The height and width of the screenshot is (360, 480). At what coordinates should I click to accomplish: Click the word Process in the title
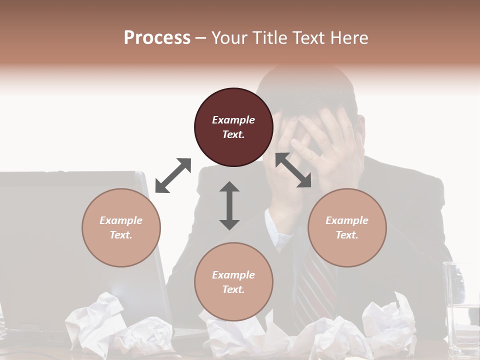point(157,37)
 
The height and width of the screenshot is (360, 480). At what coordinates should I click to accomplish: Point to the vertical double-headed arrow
point(229,205)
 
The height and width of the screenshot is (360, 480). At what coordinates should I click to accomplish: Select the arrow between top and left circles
point(173,175)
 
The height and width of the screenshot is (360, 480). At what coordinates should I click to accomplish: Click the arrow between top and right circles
point(293,170)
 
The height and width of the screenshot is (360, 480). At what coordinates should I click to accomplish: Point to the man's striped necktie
point(315,285)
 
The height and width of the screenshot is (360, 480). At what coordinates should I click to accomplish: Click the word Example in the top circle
point(233,120)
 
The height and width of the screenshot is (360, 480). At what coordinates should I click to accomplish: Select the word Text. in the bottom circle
point(233,289)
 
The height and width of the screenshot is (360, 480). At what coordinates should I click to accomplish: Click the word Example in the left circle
point(121,220)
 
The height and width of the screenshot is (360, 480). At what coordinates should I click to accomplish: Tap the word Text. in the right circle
point(347,235)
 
